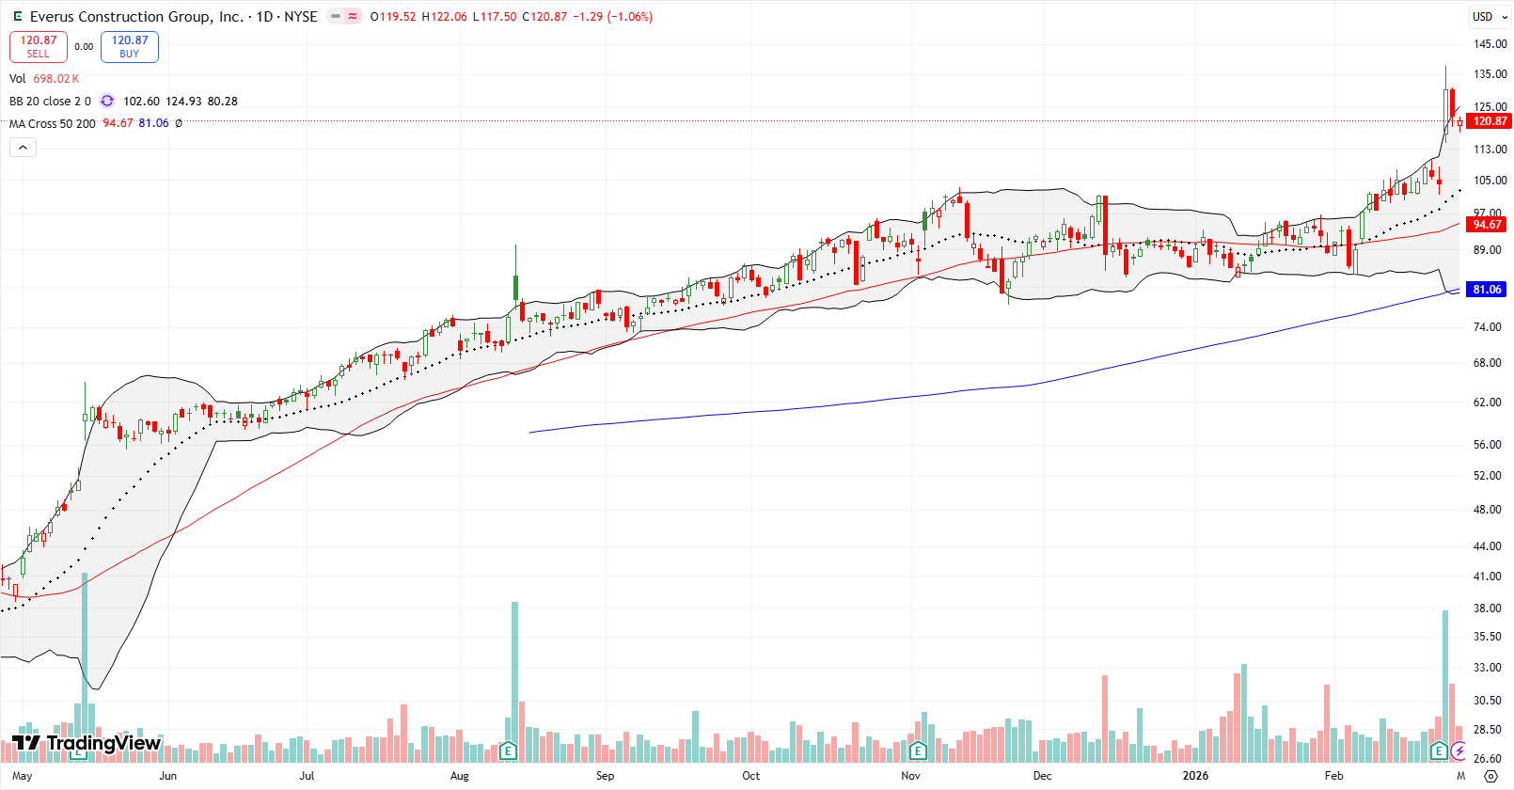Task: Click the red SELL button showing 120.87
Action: [x=39, y=46]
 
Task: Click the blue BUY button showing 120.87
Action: [x=130, y=46]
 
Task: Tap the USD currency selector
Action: [x=1482, y=17]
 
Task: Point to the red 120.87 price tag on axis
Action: [x=1489, y=120]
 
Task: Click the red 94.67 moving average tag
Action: [x=1487, y=225]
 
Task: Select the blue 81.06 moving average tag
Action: [x=1487, y=290]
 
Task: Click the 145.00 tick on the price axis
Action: [x=1490, y=44]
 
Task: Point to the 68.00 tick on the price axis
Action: [x=1487, y=363]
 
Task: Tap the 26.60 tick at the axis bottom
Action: [x=1487, y=759]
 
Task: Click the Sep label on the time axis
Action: [x=605, y=776]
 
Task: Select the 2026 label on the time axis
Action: [x=1195, y=776]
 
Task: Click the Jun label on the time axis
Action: [x=167, y=776]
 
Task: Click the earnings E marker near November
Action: [x=918, y=750]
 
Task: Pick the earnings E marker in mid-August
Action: [x=509, y=750]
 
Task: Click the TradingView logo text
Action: [x=103, y=743]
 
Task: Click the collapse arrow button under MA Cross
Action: [x=23, y=148]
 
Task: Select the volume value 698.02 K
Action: [x=56, y=79]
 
